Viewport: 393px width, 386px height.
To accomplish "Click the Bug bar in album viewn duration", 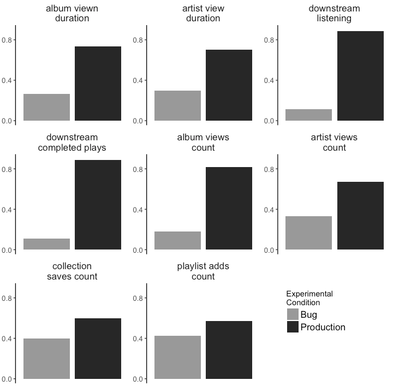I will coord(46,107).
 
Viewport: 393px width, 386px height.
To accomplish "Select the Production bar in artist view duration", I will coord(229,85).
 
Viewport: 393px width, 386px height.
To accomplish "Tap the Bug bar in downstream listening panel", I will coord(308,115).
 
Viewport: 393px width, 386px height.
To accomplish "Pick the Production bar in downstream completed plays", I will coord(98,205).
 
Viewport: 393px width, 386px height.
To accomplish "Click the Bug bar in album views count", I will coord(177,241).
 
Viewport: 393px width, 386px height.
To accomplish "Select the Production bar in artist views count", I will coord(360,216).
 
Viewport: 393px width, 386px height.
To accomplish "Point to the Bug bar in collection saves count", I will coord(46,359).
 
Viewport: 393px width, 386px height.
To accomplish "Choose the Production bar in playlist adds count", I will coord(229,350).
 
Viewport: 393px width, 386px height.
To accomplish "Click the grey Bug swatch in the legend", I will coord(293,314).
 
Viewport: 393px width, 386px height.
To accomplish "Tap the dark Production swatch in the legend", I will coord(293,327).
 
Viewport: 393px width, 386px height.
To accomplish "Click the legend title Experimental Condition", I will coord(309,298).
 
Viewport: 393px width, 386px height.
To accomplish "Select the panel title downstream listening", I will coord(334,14).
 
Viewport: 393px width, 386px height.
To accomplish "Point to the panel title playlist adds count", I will coord(203,271).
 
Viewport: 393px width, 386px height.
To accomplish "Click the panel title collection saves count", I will coord(72,271).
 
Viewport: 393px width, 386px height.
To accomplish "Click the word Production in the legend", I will coord(323,327).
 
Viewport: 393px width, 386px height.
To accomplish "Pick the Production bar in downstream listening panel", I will coord(360,76).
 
